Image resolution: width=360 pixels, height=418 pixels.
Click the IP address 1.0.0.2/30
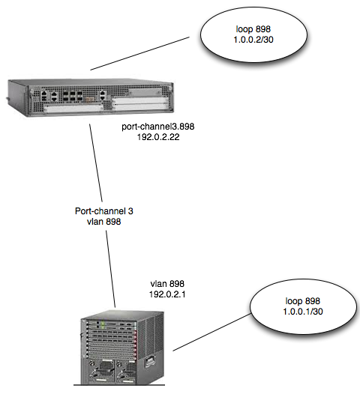[x=253, y=40]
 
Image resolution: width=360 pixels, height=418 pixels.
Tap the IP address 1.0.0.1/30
[x=303, y=312]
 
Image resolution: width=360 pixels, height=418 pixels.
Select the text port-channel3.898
[x=158, y=127]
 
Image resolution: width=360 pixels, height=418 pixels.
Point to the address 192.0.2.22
[x=158, y=137]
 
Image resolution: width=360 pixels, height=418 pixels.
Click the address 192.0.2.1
[x=167, y=294]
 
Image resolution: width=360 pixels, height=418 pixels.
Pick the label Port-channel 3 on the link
[x=104, y=211]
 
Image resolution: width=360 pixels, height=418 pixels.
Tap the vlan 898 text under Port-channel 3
[x=103, y=222]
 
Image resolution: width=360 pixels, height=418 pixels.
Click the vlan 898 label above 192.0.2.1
[x=167, y=284]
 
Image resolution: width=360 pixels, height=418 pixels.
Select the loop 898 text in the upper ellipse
[x=253, y=29]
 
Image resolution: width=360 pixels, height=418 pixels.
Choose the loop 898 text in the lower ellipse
[x=303, y=301]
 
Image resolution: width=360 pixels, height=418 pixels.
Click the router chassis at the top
[x=90, y=97]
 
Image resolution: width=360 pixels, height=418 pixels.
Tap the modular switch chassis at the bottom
[x=122, y=348]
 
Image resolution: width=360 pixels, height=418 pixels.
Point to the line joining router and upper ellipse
[x=139, y=54]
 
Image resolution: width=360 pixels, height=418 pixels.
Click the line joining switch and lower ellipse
[x=211, y=332]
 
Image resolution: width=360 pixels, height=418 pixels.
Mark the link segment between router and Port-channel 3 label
[x=96, y=163]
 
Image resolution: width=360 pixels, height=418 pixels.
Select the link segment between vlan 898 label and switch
[x=111, y=269]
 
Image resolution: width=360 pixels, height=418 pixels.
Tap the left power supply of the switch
[x=102, y=370]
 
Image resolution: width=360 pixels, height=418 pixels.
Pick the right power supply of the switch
[x=126, y=371]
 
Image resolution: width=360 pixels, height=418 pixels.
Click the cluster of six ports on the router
[x=73, y=96]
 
